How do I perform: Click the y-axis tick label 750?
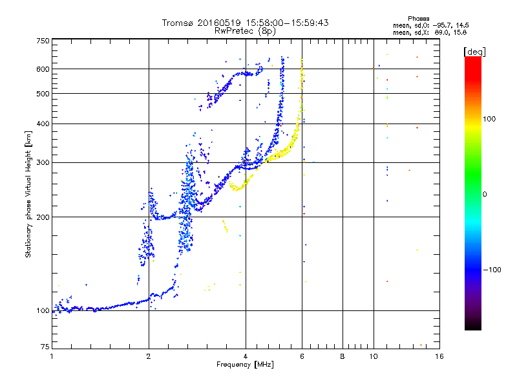pyautogui.click(x=43, y=40)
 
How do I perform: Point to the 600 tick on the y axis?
pyautogui.click(x=43, y=69)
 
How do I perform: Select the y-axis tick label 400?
pyautogui.click(x=43, y=124)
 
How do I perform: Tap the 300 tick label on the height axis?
pyautogui.click(x=43, y=162)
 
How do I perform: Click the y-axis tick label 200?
pyautogui.click(x=43, y=217)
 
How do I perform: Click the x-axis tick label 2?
pyautogui.click(x=149, y=356)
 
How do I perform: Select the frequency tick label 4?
pyautogui.click(x=246, y=356)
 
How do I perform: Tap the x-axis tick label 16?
pyautogui.click(x=439, y=356)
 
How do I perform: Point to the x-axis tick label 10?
pyautogui.click(x=373, y=356)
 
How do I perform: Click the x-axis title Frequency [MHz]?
pyautogui.click(x=245, y=365)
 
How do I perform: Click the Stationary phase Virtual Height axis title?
pyautogui.click(x=28, y=194)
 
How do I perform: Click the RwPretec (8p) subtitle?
pyautogui.click(x=245, y=30)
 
